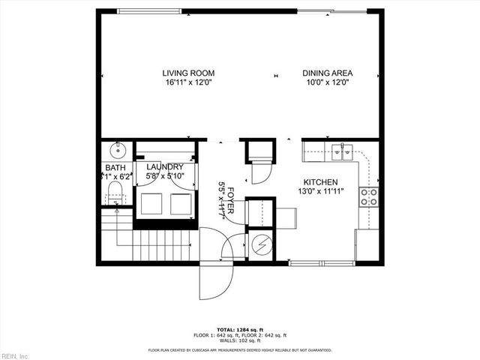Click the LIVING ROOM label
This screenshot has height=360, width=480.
click(x=188, y=73)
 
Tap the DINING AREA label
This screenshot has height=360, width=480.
click(x=328, y=73)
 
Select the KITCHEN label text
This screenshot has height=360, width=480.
click(x=320, y=182)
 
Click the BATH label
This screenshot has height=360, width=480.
click(x=115, y=167)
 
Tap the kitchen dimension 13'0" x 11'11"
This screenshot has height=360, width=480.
click(x=320, y=192)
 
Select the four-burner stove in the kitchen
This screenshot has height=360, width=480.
click(x=368, y=196)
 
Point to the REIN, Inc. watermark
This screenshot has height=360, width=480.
click(x=14, y=355)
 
